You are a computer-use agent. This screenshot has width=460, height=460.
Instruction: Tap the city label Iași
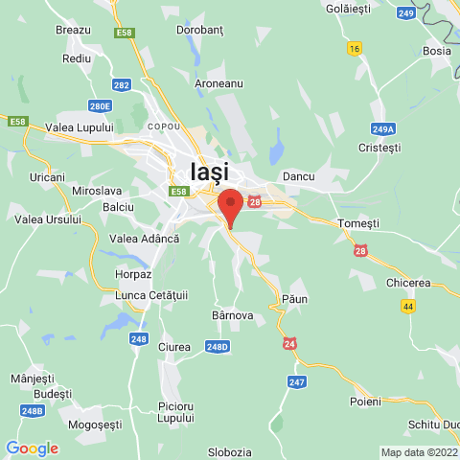210,172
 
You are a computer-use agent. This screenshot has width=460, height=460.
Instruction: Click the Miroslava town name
97,191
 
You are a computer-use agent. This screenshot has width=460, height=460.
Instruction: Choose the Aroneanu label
218,83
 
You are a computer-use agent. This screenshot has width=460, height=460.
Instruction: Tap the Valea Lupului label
80,126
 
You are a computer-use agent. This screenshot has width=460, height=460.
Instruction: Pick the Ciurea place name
174,346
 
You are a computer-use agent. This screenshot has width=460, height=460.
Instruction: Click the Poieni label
365,401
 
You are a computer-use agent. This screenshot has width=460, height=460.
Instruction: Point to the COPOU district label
162,126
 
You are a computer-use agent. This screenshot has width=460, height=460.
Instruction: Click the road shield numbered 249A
383,127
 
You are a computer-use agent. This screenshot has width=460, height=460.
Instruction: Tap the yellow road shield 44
409,306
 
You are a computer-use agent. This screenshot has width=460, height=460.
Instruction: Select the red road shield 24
289,343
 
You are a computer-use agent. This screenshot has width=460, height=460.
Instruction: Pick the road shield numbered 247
297,381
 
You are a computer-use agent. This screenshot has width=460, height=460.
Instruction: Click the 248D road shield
218,346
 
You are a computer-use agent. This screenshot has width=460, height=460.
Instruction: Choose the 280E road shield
101,106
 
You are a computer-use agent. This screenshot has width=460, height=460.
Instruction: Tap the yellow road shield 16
356,48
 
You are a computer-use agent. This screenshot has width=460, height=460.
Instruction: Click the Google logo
32,448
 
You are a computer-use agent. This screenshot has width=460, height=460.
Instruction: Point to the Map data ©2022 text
419,452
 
